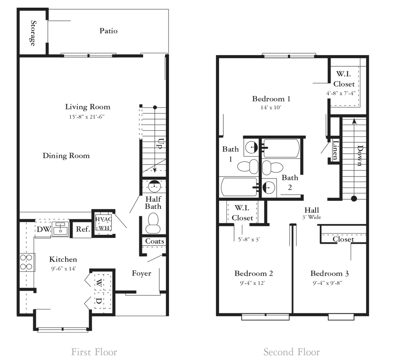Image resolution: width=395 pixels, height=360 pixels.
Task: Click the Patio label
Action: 108,31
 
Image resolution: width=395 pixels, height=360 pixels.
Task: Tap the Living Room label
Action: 88,107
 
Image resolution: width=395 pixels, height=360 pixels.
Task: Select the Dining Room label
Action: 66,156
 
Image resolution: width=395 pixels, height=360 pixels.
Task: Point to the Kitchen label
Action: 63,259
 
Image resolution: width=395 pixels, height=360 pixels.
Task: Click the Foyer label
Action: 141,274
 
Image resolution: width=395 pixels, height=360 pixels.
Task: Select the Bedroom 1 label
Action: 271,99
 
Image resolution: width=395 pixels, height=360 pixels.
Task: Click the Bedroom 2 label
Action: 253,273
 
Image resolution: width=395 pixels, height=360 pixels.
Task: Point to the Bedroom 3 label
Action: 329,273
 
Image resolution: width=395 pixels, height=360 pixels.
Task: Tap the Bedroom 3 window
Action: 341,317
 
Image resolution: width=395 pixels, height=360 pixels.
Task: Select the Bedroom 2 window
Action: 265,317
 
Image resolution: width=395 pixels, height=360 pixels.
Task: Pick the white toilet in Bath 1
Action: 253,167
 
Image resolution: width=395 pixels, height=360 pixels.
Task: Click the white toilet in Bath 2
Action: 267,167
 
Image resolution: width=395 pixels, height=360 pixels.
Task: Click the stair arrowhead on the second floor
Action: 353,121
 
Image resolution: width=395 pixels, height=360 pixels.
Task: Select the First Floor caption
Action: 94,352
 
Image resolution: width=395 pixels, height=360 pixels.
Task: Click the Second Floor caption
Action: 291,352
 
